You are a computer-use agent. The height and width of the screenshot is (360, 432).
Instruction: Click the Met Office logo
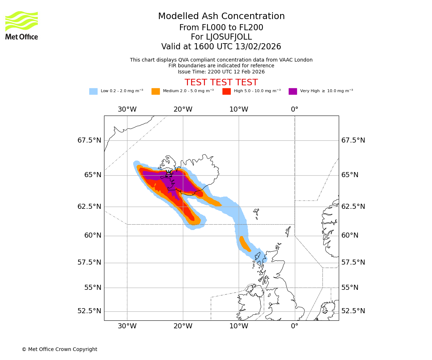(x=22, y=25)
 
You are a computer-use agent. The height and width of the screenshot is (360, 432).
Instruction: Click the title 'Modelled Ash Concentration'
(x=221, y=17)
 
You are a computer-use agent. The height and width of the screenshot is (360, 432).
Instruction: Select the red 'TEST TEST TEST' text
(x=221, y=82)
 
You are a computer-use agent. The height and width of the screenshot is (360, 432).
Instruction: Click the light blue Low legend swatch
(x=93, y=91)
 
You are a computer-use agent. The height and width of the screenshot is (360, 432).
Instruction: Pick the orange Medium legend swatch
(x=156, y=91)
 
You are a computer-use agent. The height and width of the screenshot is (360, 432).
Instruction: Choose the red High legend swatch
(x=226, y=91)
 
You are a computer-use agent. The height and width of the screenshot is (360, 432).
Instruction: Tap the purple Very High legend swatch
(x=293, y=91)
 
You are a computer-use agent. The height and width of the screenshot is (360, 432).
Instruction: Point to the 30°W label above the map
(x=127, y=109)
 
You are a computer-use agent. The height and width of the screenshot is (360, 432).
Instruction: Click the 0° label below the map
(x=294, y=326)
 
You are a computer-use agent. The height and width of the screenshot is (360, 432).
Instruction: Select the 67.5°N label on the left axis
(x=89, y=140)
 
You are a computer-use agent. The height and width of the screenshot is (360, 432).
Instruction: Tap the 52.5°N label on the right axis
(x=353, y=311)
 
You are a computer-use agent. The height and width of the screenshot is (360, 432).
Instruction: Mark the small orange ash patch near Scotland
(x=245, y=244)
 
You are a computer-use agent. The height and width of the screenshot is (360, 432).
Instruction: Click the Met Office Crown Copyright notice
(x=59, y=349)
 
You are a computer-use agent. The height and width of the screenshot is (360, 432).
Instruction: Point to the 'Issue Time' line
(x=221, y=72)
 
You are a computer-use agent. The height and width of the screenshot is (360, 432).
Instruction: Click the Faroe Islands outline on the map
(x=256, y=213)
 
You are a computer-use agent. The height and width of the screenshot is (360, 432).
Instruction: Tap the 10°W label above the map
(x=239, y=109)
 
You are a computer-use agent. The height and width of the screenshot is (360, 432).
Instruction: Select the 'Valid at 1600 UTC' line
(x=221, y=47)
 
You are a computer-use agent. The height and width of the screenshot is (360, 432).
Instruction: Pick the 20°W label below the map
(x=183, y=326)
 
